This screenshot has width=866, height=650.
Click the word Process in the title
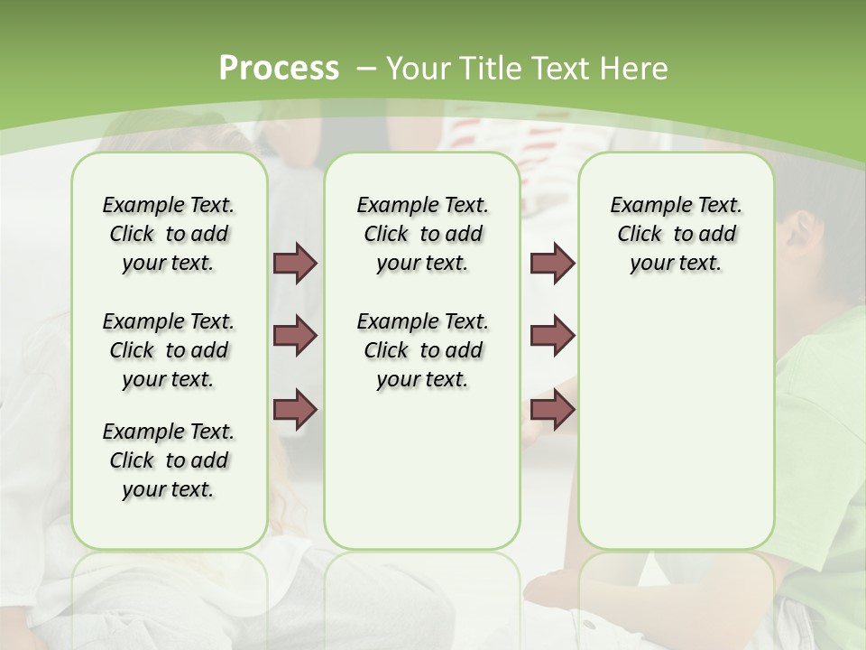[279, 69]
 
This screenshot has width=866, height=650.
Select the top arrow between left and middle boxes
[295, 263]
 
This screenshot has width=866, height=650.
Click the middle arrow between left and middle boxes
[295, 336]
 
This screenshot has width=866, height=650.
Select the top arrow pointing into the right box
[552, 263]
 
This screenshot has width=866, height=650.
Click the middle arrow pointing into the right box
[552, 336]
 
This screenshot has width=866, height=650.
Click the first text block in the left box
[169, 234]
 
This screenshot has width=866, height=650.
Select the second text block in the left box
[169, 350]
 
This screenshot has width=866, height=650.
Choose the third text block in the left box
[169, 460]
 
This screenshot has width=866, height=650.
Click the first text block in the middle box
[422, 234]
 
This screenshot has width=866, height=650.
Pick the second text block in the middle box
[422, 350]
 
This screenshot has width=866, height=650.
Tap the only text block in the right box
[677, 234]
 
